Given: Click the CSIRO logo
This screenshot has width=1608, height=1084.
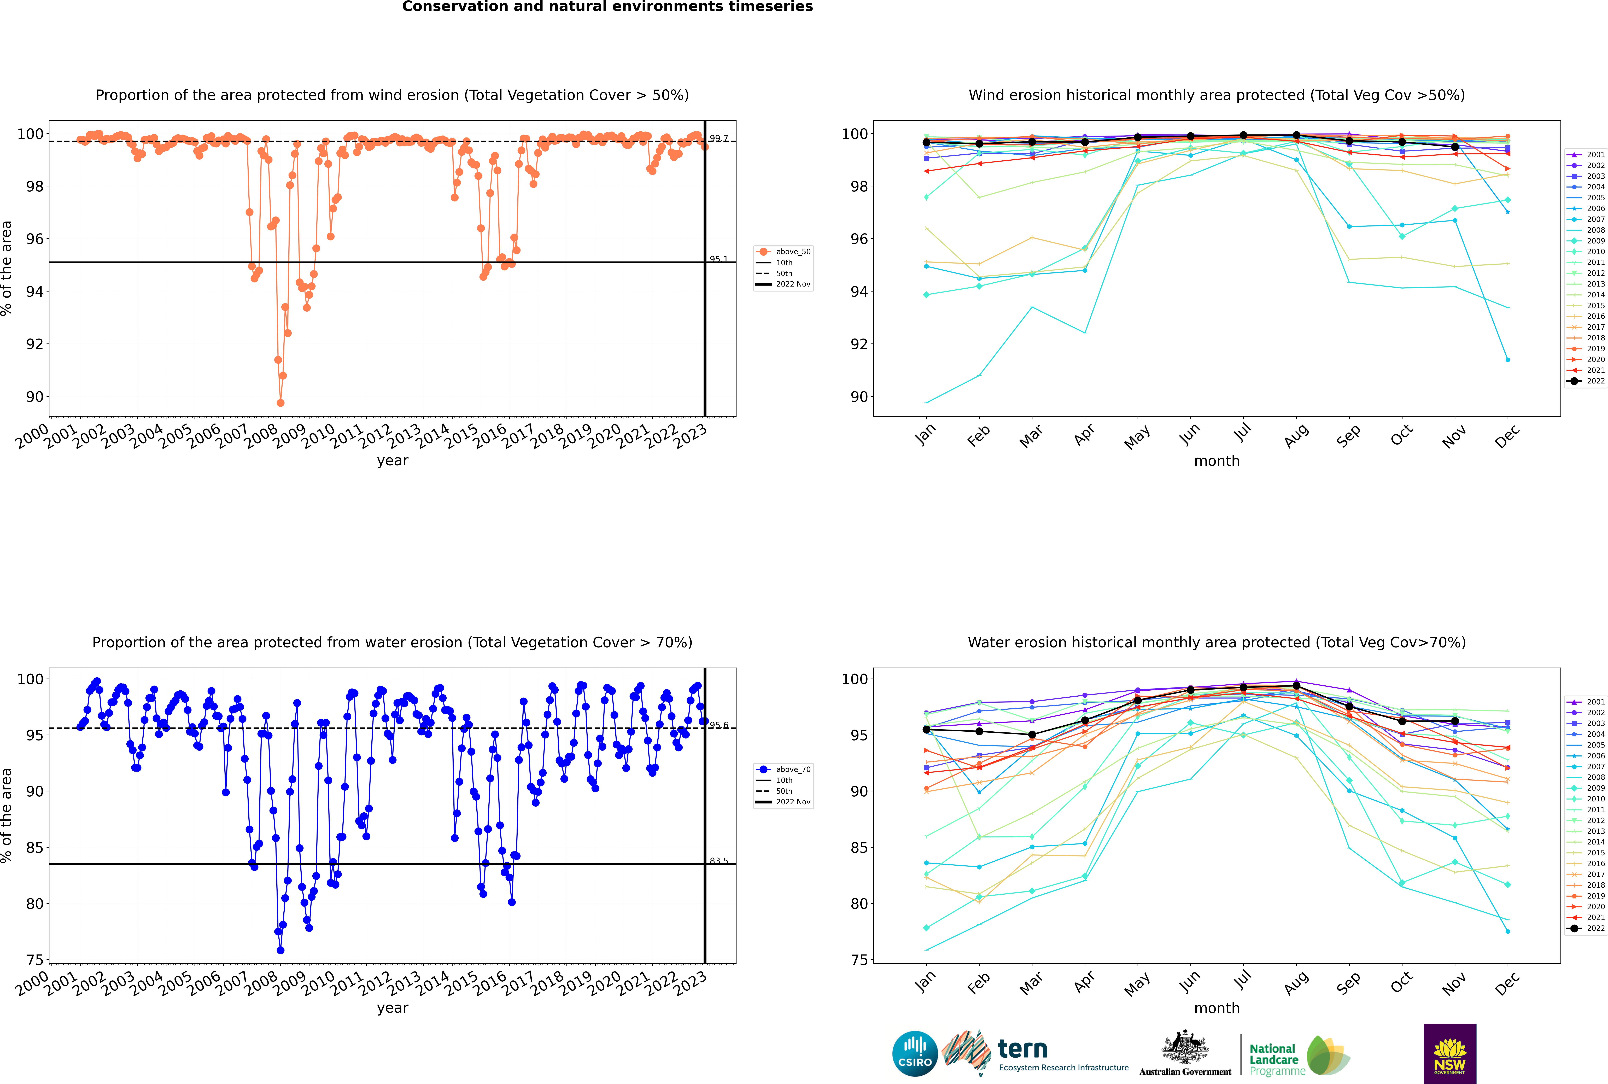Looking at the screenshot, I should click(x=915, y=1054).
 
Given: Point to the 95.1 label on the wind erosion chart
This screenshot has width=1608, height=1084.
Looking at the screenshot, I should click(x=718, y=259).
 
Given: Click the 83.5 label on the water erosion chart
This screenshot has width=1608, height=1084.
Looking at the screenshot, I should click(x=718, y=861).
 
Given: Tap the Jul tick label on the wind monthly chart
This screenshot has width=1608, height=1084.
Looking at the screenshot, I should click(x=1242, y=433).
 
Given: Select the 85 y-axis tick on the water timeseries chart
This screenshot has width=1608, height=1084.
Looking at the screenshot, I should click(x=34, y=848).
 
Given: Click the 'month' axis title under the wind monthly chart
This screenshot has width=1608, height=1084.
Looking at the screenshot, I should click(x=1217, y=461).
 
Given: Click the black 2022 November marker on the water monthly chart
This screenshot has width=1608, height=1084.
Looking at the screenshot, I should click(x=1454, y=721).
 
